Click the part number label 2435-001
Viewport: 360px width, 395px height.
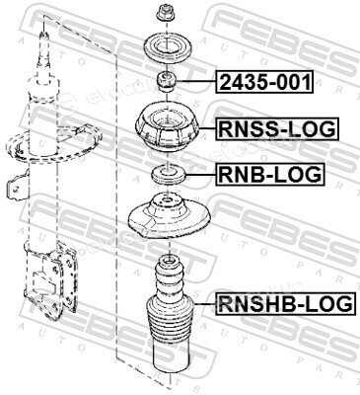pyautogui.click(x=264, y=82)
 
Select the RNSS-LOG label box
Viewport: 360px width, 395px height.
pyautogui.click(x=277, y=128)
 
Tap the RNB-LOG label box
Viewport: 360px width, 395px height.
pyautogui.click(x=270, y=174)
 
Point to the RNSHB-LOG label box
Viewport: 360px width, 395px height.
pyautogui.click(x=285, y=303)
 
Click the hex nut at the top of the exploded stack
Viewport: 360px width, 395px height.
pyautogui.click(x=163, y=13)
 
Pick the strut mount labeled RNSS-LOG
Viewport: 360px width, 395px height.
pyautogui.click(x=168, y=128)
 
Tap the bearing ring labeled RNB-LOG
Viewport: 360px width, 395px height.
pyautogui.click(x=169, y=175)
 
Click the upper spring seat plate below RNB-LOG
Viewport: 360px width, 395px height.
pyautogui.click(x=169, y=218)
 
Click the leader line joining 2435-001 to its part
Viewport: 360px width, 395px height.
pyautogui.click(x=196, y=82)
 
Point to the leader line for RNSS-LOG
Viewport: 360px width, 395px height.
pyautogui.click(x=208, y=128)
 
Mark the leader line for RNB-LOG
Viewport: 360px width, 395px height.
pyautogui.click(x=201, y=175)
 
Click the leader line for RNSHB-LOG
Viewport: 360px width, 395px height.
pyautogui.click(x=205, y=303)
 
